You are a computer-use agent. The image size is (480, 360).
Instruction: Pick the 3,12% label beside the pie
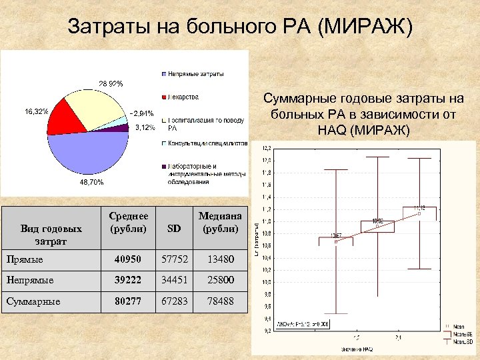[145, 127]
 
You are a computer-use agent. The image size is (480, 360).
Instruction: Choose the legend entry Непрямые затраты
[195, 73]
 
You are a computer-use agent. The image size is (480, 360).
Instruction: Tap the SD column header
[174, 229]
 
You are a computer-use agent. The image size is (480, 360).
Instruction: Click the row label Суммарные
[33, 301]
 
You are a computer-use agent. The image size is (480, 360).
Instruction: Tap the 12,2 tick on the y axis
[266, 147]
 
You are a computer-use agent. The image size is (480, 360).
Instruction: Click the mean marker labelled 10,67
[336, 241]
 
